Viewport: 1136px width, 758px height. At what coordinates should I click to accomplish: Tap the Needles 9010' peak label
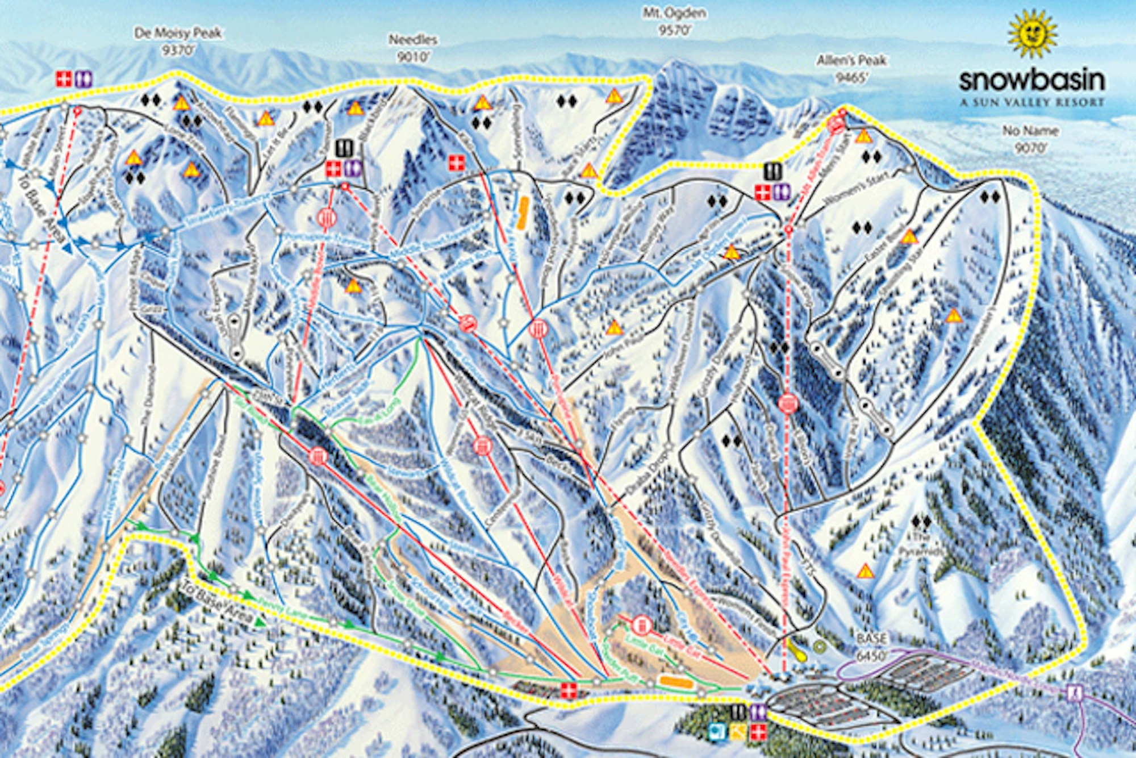click(413, 46)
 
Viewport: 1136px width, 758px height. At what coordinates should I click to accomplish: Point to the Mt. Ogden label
click(674, 20)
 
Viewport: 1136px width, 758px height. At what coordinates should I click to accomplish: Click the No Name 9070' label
click(1030, 138)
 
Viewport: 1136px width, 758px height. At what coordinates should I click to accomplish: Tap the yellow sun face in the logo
click(1032, 34)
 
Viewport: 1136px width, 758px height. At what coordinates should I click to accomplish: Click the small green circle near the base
click(818, 645)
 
